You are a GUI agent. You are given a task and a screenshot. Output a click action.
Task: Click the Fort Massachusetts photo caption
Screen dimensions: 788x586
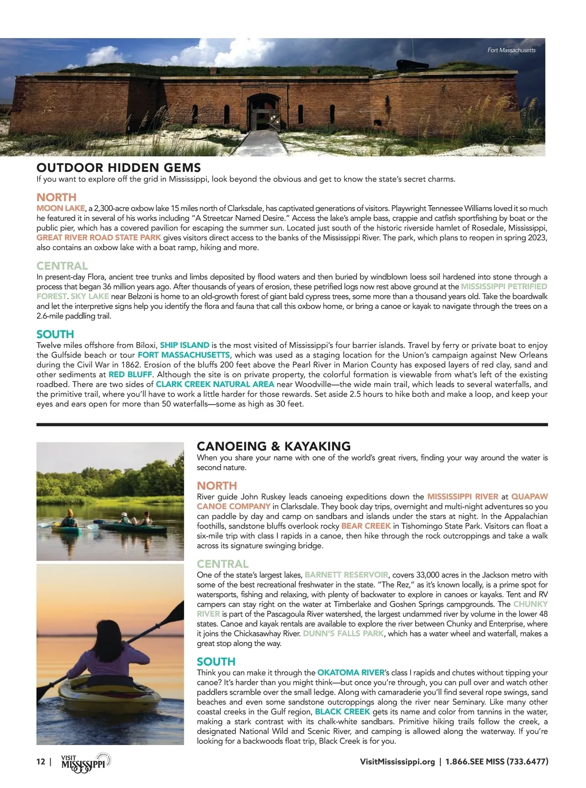(511, 50)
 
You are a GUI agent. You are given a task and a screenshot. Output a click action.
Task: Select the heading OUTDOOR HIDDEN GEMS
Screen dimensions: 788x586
(119, 168)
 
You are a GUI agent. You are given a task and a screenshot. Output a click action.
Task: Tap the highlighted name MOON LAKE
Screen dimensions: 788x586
(61, 208)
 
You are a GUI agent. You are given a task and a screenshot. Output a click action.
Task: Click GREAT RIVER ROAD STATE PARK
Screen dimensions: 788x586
(99, 237)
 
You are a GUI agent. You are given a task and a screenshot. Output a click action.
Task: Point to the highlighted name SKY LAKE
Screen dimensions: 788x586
(90, 296)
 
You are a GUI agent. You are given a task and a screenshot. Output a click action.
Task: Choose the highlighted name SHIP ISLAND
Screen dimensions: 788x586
(185, 345)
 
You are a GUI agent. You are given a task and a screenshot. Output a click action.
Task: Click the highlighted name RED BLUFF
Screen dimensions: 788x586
(130, 374)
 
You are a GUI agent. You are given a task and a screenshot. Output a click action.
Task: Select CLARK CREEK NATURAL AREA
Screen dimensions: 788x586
(215, 384)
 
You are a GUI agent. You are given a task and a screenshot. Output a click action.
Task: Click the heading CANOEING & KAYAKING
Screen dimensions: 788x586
(273, 446)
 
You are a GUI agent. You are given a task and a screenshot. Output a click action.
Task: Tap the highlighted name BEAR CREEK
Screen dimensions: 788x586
(366, 526)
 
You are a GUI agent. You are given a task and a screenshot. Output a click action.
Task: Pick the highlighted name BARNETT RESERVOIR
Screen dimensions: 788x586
(346, 575)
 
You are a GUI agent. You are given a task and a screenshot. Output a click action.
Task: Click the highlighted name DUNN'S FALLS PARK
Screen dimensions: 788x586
(343, 633)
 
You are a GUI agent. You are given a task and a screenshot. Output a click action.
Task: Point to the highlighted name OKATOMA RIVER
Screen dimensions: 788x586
(351, 672)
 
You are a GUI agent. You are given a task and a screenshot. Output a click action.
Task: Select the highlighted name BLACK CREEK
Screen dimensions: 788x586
(342, 711)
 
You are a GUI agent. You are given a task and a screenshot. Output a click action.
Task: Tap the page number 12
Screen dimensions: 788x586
(41, 762)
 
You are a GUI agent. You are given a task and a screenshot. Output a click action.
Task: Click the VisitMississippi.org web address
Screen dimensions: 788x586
(397, 762)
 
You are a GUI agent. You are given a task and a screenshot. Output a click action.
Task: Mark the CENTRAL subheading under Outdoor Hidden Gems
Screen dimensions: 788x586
(62, 266)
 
